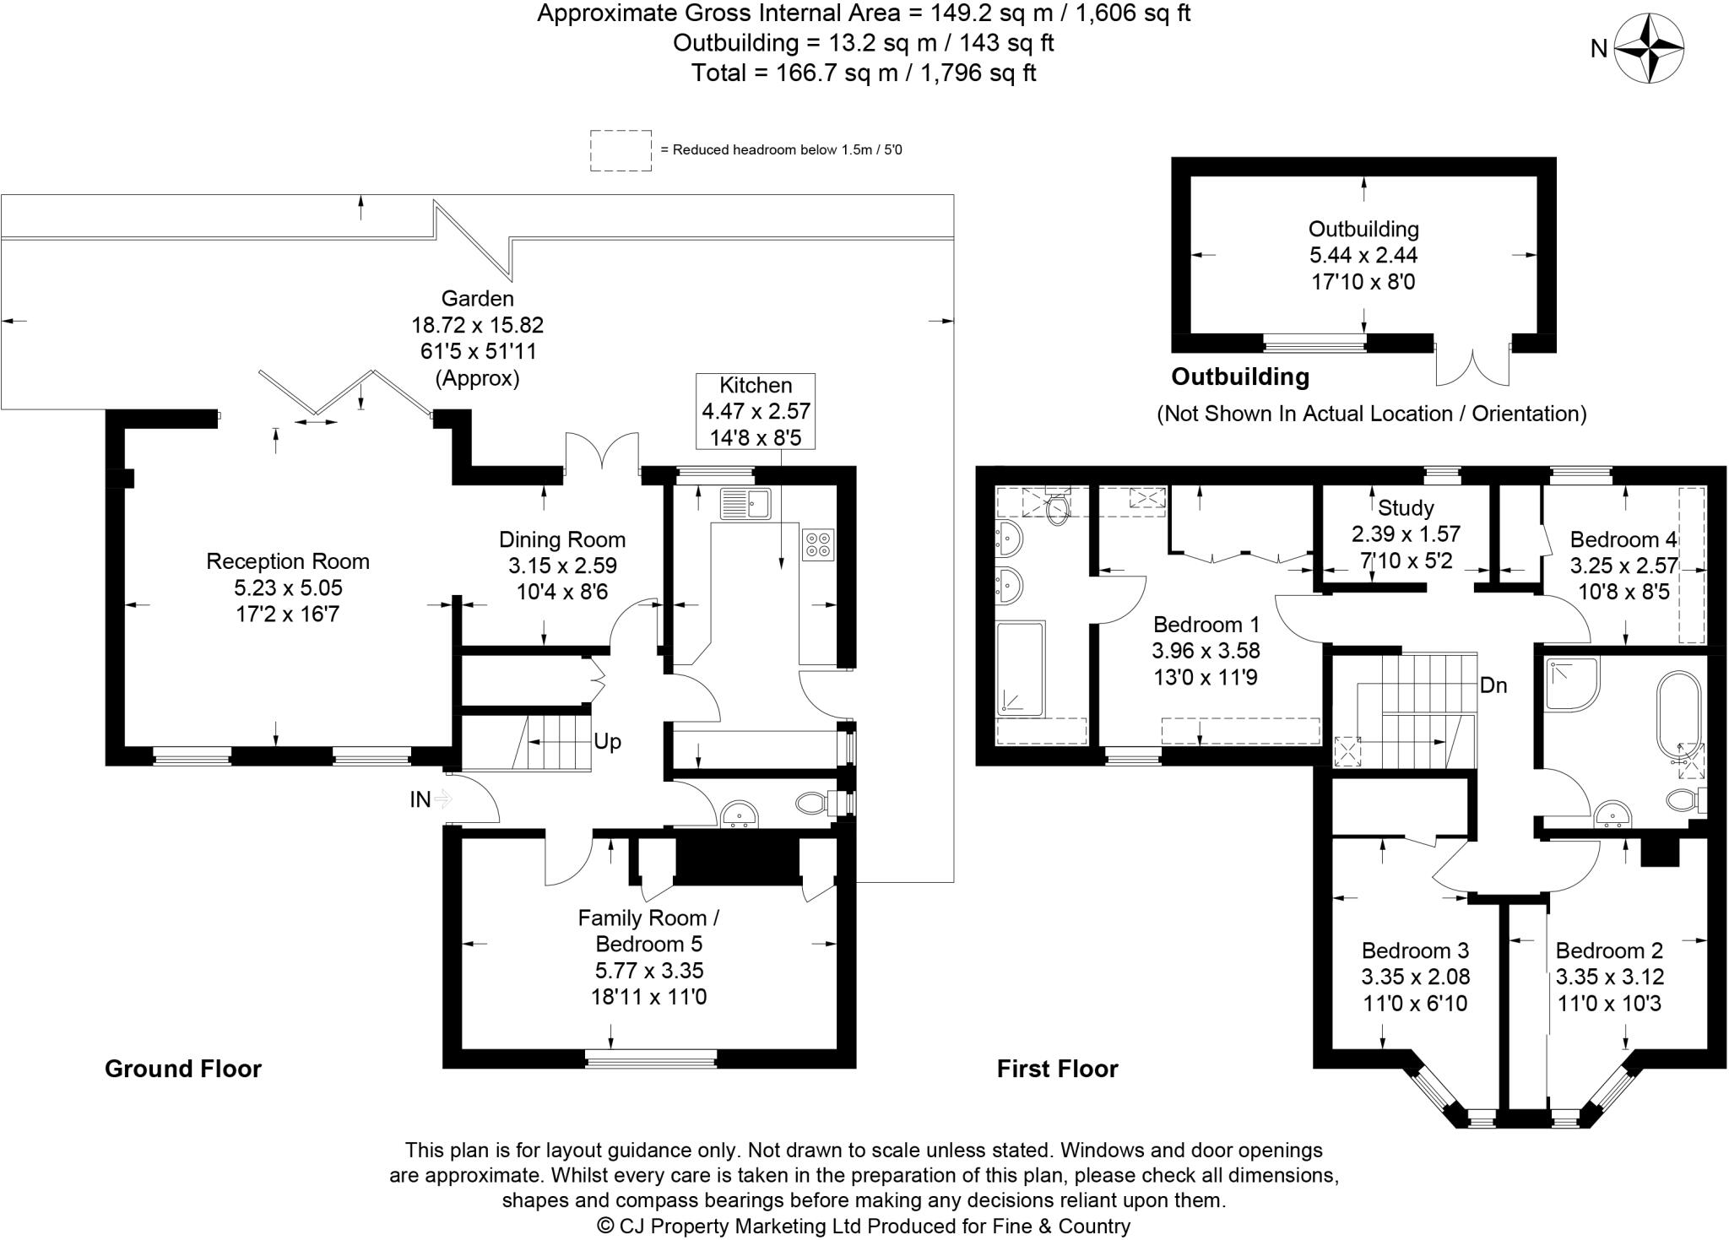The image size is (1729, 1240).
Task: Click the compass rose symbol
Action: coord(1648,49)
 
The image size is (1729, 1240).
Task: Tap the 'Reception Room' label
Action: coord(288,561)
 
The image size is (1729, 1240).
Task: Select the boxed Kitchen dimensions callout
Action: coord(756,411)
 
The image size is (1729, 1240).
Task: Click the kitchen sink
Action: coord(745,504)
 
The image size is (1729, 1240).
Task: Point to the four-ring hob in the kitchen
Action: coord(818,543)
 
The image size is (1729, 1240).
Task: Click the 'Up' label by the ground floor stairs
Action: coord(607,741)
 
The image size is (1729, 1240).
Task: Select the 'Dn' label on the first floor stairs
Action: coord(1493,685)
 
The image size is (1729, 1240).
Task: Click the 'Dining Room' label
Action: coord(561,539)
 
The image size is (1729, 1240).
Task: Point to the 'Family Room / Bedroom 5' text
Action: coord(648,930)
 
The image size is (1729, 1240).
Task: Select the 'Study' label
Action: coord(1406,507)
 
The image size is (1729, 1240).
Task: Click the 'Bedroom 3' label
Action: coord(1415,950)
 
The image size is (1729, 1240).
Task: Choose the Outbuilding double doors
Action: coord(1472,366)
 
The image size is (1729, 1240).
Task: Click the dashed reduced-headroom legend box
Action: coord(621,150)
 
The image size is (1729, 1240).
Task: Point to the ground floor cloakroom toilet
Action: coord(813,802)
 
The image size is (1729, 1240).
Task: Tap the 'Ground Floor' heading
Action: coord(183,1069)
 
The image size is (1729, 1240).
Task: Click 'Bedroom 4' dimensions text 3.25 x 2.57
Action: coord(1623,566)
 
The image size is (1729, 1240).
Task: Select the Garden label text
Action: coord(477,298)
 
